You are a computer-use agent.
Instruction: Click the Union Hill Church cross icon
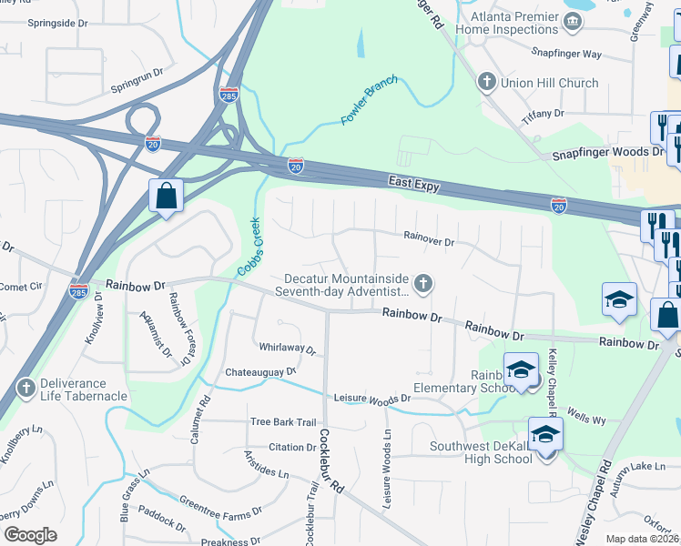click(x=486, y=83)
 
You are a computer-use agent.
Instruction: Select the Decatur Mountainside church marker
click(x=422, y=285)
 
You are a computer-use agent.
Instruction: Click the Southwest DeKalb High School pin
click(x=545, y=434)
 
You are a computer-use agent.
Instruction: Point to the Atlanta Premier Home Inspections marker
click(x=572, y=23)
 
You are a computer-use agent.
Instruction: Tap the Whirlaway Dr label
click(x=286, y=349)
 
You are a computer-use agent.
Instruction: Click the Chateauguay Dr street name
click(x=260, y=372)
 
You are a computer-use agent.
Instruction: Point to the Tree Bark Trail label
click(x=282, y=422)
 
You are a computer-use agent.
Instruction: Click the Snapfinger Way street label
click(x=565, y=55)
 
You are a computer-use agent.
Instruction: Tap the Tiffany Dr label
click(x=543, y=114)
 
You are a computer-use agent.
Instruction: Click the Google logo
click(x=30, y=535)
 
